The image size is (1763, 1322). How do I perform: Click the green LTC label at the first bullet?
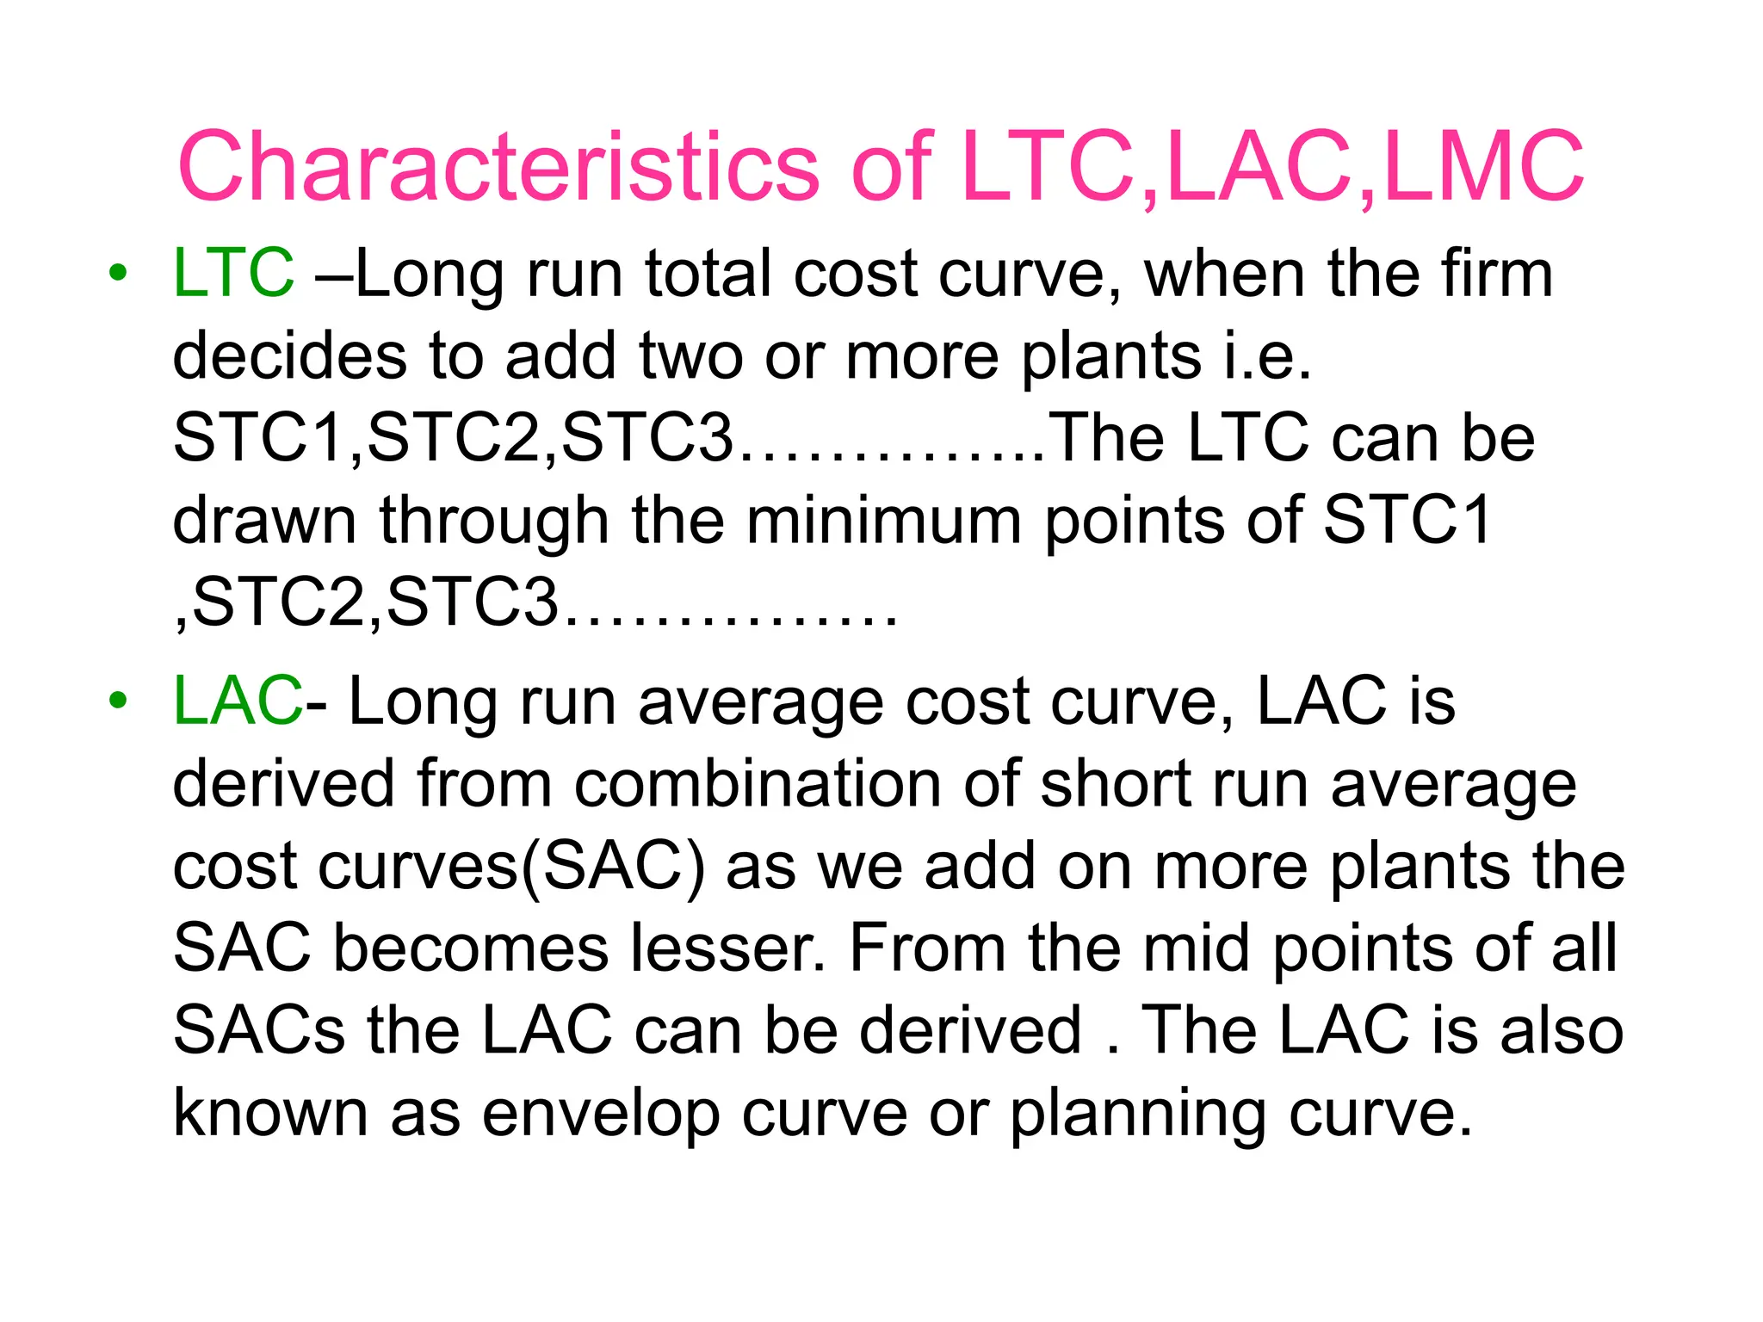[233, 273]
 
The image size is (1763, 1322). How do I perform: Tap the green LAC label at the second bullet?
[238, 701]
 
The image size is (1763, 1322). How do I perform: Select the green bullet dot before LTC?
[118, 274]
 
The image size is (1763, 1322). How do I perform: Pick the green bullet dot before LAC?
[118, 701]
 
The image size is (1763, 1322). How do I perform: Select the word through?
[494, 521]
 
